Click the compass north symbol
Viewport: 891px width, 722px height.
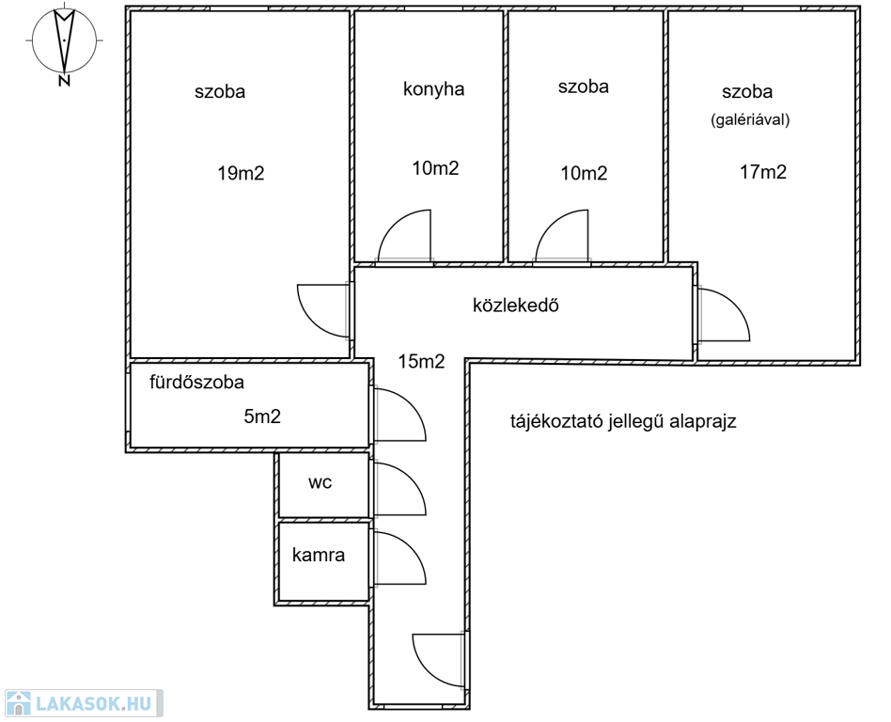click(x=64, y=43)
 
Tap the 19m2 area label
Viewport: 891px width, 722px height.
click(x=241, y=173)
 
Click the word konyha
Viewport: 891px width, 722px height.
click(x=434, y=89)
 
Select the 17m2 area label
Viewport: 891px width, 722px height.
click(x=762, y=172)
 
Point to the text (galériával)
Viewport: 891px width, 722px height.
click(x=750, y=120)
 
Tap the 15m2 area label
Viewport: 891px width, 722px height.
click(x=421, y=361)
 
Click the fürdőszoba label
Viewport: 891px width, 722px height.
click(x=197, y=383)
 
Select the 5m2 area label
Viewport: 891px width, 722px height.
click(x=262, y=416)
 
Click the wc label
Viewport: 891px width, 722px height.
click(x=320, y=482)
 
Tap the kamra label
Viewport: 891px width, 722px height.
click(x=319, y=555)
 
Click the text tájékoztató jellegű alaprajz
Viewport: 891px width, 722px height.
click(x=622, y=421)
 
